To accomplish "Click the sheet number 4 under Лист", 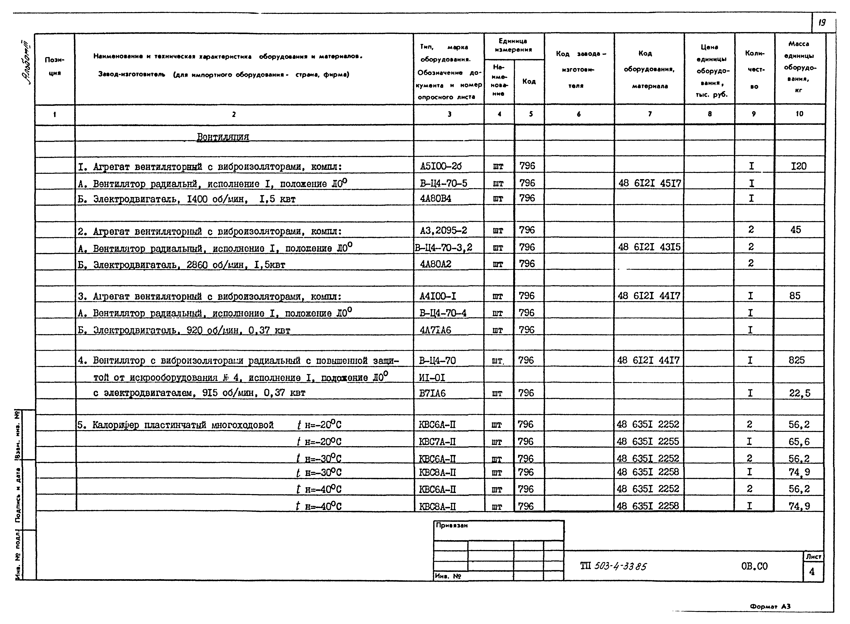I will pos(812,572).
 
